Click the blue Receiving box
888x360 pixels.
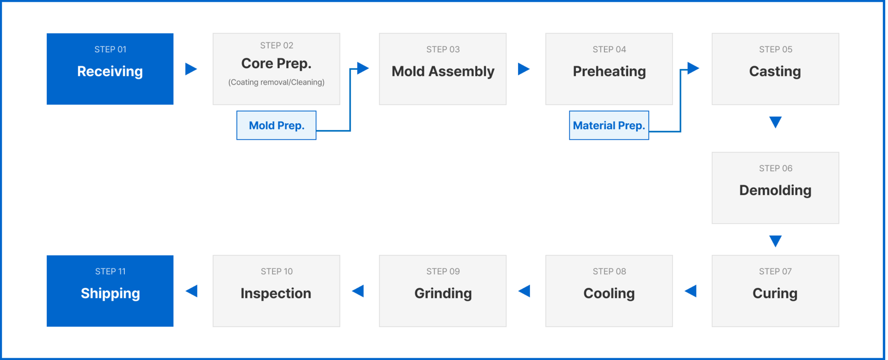(x=110, y=69)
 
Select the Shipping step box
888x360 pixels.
(x=110, y=291)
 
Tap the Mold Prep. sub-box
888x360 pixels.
(x=277, y=125)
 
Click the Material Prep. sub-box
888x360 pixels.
(x=609, y=125)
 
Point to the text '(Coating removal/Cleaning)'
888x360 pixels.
(x=277, y=82)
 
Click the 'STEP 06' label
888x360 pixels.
(x=776, y=168)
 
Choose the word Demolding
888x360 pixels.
(x=775, y=190)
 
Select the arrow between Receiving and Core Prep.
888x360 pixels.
(x=191, y=69)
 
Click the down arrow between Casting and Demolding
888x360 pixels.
(x=776, y=122)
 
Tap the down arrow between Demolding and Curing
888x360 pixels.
(x=776, y=241)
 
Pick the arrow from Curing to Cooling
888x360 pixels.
(x=691, y=291)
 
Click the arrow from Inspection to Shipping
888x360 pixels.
(x=191, y=291)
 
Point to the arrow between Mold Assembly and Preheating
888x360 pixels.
(x=524, y=69)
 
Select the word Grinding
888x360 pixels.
(x=443, y=293)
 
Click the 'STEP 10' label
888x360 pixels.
(x=277, y=272)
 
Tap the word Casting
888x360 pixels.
(x=775, y=72)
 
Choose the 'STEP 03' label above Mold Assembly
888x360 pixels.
(x=443, y=50)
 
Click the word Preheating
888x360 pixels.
(x=609, y=72)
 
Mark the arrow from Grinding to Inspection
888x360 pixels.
(x=358, y=291)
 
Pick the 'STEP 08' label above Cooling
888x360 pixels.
(x=609, y=272)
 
